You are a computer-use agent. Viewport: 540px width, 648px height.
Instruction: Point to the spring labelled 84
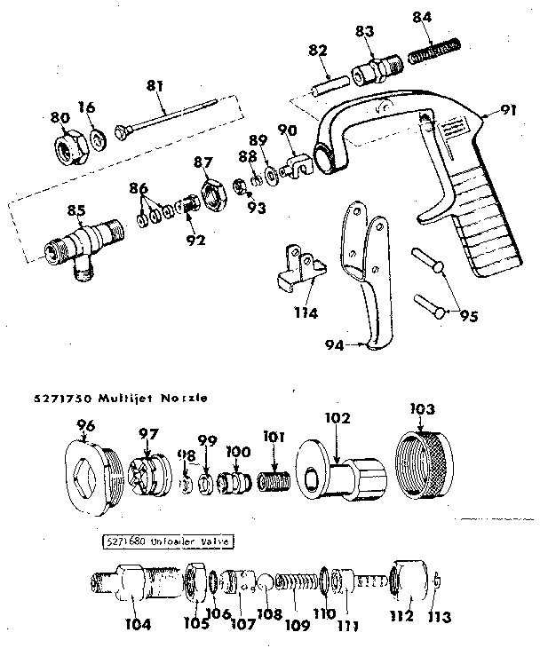(436, 54)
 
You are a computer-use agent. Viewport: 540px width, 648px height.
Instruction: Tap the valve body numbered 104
(133, 587)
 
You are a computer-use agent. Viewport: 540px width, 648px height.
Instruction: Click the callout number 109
(296, 626)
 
